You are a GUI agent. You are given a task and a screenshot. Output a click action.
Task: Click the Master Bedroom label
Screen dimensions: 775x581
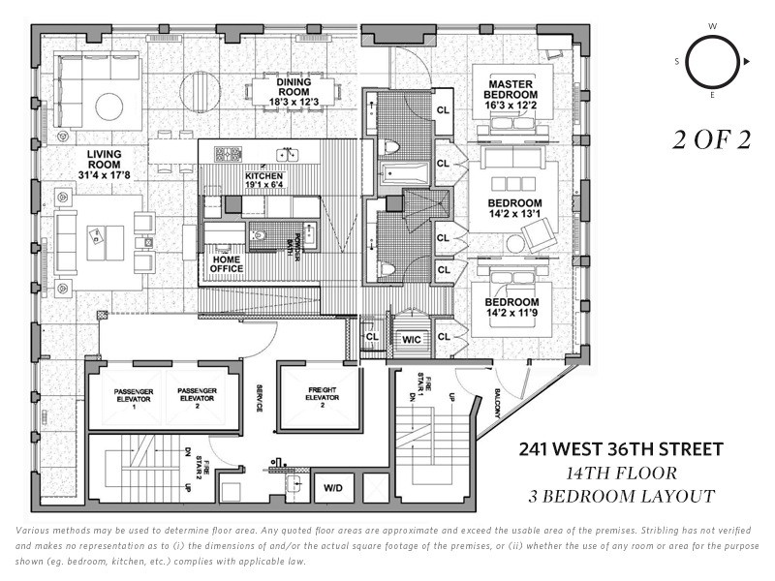coord(511,89)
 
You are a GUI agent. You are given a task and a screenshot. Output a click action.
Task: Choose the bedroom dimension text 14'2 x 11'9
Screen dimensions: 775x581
coord(512,313)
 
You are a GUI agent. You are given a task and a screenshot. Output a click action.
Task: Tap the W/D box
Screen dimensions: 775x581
coord(333,487)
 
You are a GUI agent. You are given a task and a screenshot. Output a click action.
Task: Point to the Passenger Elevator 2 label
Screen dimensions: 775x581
coord(196,396)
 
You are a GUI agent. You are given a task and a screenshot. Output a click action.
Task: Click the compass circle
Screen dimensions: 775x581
coord(713,63)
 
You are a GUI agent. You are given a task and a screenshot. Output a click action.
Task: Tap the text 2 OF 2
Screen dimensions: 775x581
coord(712,139)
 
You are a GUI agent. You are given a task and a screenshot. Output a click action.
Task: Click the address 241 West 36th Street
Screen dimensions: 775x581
coord(621,449)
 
